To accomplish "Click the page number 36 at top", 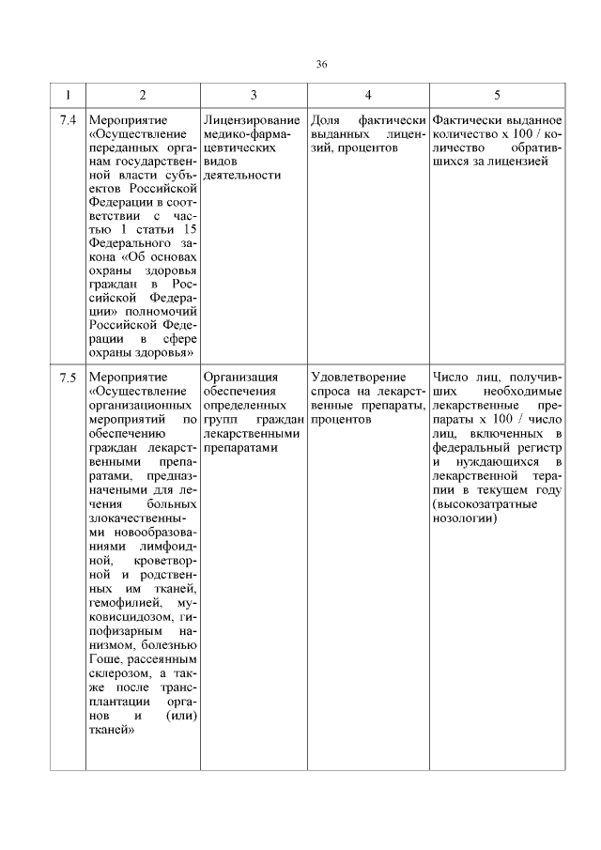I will point(321,64).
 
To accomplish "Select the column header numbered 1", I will point(67,96).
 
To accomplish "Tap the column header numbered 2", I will point(142,96).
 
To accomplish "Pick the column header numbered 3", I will point(254,96).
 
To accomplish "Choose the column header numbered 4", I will point(368,96).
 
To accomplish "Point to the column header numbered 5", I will point(497,96).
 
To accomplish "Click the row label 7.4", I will point(67,122).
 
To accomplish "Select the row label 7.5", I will point(67,379).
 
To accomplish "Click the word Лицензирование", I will point(252,122).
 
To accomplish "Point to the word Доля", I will point(325,122).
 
